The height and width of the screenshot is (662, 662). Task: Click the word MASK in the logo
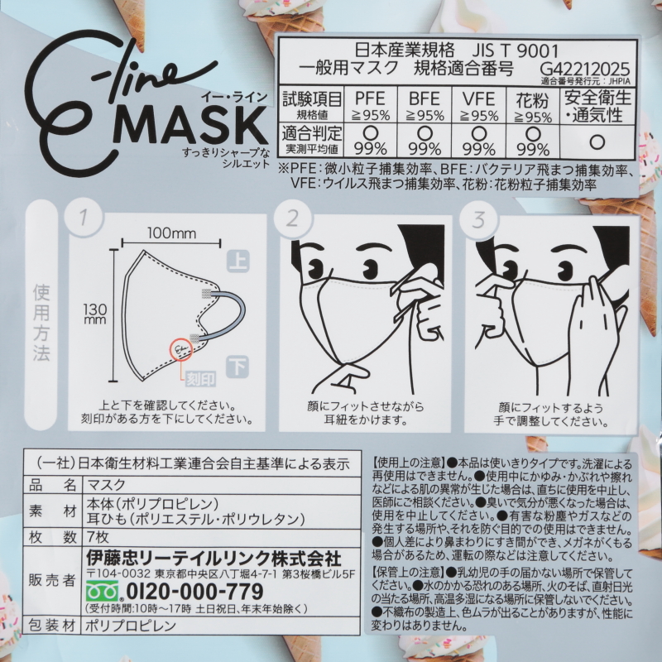[190, 125]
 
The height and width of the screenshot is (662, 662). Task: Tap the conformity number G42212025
[585, 69]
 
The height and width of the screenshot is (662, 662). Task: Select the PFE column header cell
[370, 105]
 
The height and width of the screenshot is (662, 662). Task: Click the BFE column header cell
[425, 105]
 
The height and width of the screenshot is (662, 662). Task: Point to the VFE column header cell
[478, 105]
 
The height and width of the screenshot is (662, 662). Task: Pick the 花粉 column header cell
[532, 105]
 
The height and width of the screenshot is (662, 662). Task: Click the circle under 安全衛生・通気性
[597, 142]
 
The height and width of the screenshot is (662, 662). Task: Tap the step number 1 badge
[84, 218]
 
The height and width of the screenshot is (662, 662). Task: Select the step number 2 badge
[292, 218]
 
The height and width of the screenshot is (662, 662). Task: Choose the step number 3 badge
[478, 219]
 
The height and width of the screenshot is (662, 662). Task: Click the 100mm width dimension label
[171, 233]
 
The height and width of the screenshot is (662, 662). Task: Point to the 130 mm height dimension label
[95, 314]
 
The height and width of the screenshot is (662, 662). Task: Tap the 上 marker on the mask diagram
[238, 261]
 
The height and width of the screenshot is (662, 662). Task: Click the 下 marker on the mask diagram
[237, 367]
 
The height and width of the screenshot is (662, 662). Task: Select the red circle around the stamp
[181, 349]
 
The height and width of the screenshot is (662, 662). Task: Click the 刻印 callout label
[201, 379]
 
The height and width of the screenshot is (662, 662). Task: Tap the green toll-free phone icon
[102, 591]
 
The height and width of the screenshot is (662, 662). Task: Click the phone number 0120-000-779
[194, 591]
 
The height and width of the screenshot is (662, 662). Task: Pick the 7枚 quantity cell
[98, 537]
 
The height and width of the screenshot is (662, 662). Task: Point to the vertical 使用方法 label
[41, 323]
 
